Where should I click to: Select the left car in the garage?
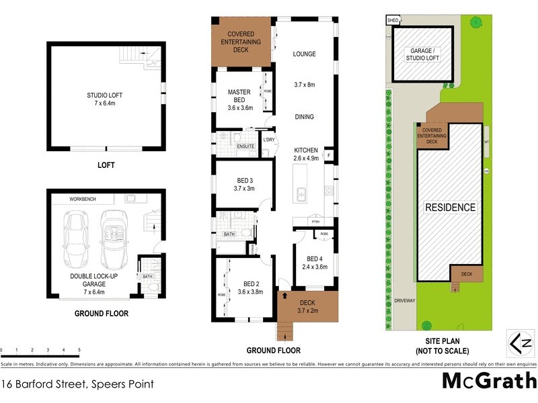[x=75, y=240]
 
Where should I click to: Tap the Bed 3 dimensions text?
[x=245, y=189]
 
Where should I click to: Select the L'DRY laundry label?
[x=270, y=140]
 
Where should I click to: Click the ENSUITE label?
[x=245, y=145]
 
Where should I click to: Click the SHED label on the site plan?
[x=393, y=21]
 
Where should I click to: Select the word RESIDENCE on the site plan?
[x=450, y=208]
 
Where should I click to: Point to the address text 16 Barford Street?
[x=77, y=385]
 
